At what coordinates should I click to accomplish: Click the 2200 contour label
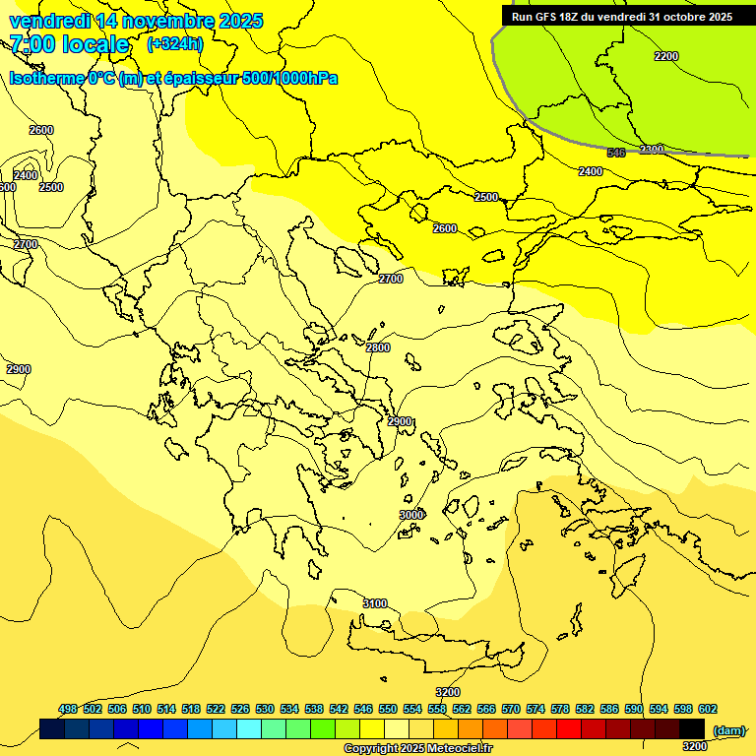[x=666, y=56]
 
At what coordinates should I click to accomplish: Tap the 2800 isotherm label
[x=378, y=347]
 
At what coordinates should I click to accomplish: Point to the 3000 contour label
[x=411, y=515]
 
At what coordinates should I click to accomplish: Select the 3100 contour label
[x=375, y=603]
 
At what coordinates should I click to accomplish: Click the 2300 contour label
[x=652, y=150]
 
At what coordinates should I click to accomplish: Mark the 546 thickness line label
[x=616, y=153]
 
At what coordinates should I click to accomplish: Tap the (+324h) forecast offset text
[x=174, y=43]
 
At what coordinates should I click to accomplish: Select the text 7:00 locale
[x=69, y=44]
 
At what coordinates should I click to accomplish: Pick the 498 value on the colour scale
[x=68, y=709]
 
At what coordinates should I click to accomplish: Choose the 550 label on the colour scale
[x=388, y=709]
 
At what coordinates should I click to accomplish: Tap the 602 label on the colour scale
[x=708, y=709]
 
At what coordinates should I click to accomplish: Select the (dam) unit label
[x=728, y=729]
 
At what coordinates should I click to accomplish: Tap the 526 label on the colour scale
[x=240, y=709]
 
